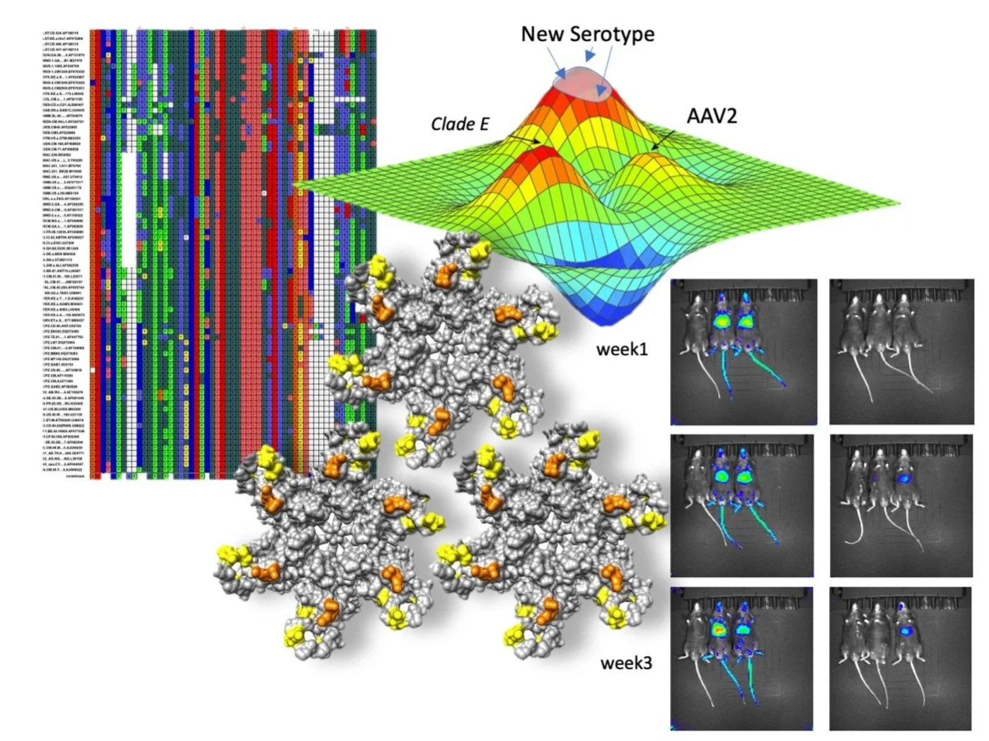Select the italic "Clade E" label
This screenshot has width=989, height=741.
pyautogui.click(x=460, y=124)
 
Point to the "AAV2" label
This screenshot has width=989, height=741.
pyautogui.click(x=712, y=116)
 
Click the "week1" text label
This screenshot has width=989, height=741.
pyautogui.click(x=622, y=349)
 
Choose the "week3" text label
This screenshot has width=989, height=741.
pyautogui.click(x=626, y=663)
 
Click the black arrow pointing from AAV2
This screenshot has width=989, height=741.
pyautogui.click(x=663, y=140)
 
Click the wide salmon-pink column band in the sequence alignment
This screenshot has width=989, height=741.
pyautogui.click(x=253, y=247)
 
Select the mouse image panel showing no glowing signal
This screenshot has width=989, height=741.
pyautogui.click(x=900, y=351)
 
